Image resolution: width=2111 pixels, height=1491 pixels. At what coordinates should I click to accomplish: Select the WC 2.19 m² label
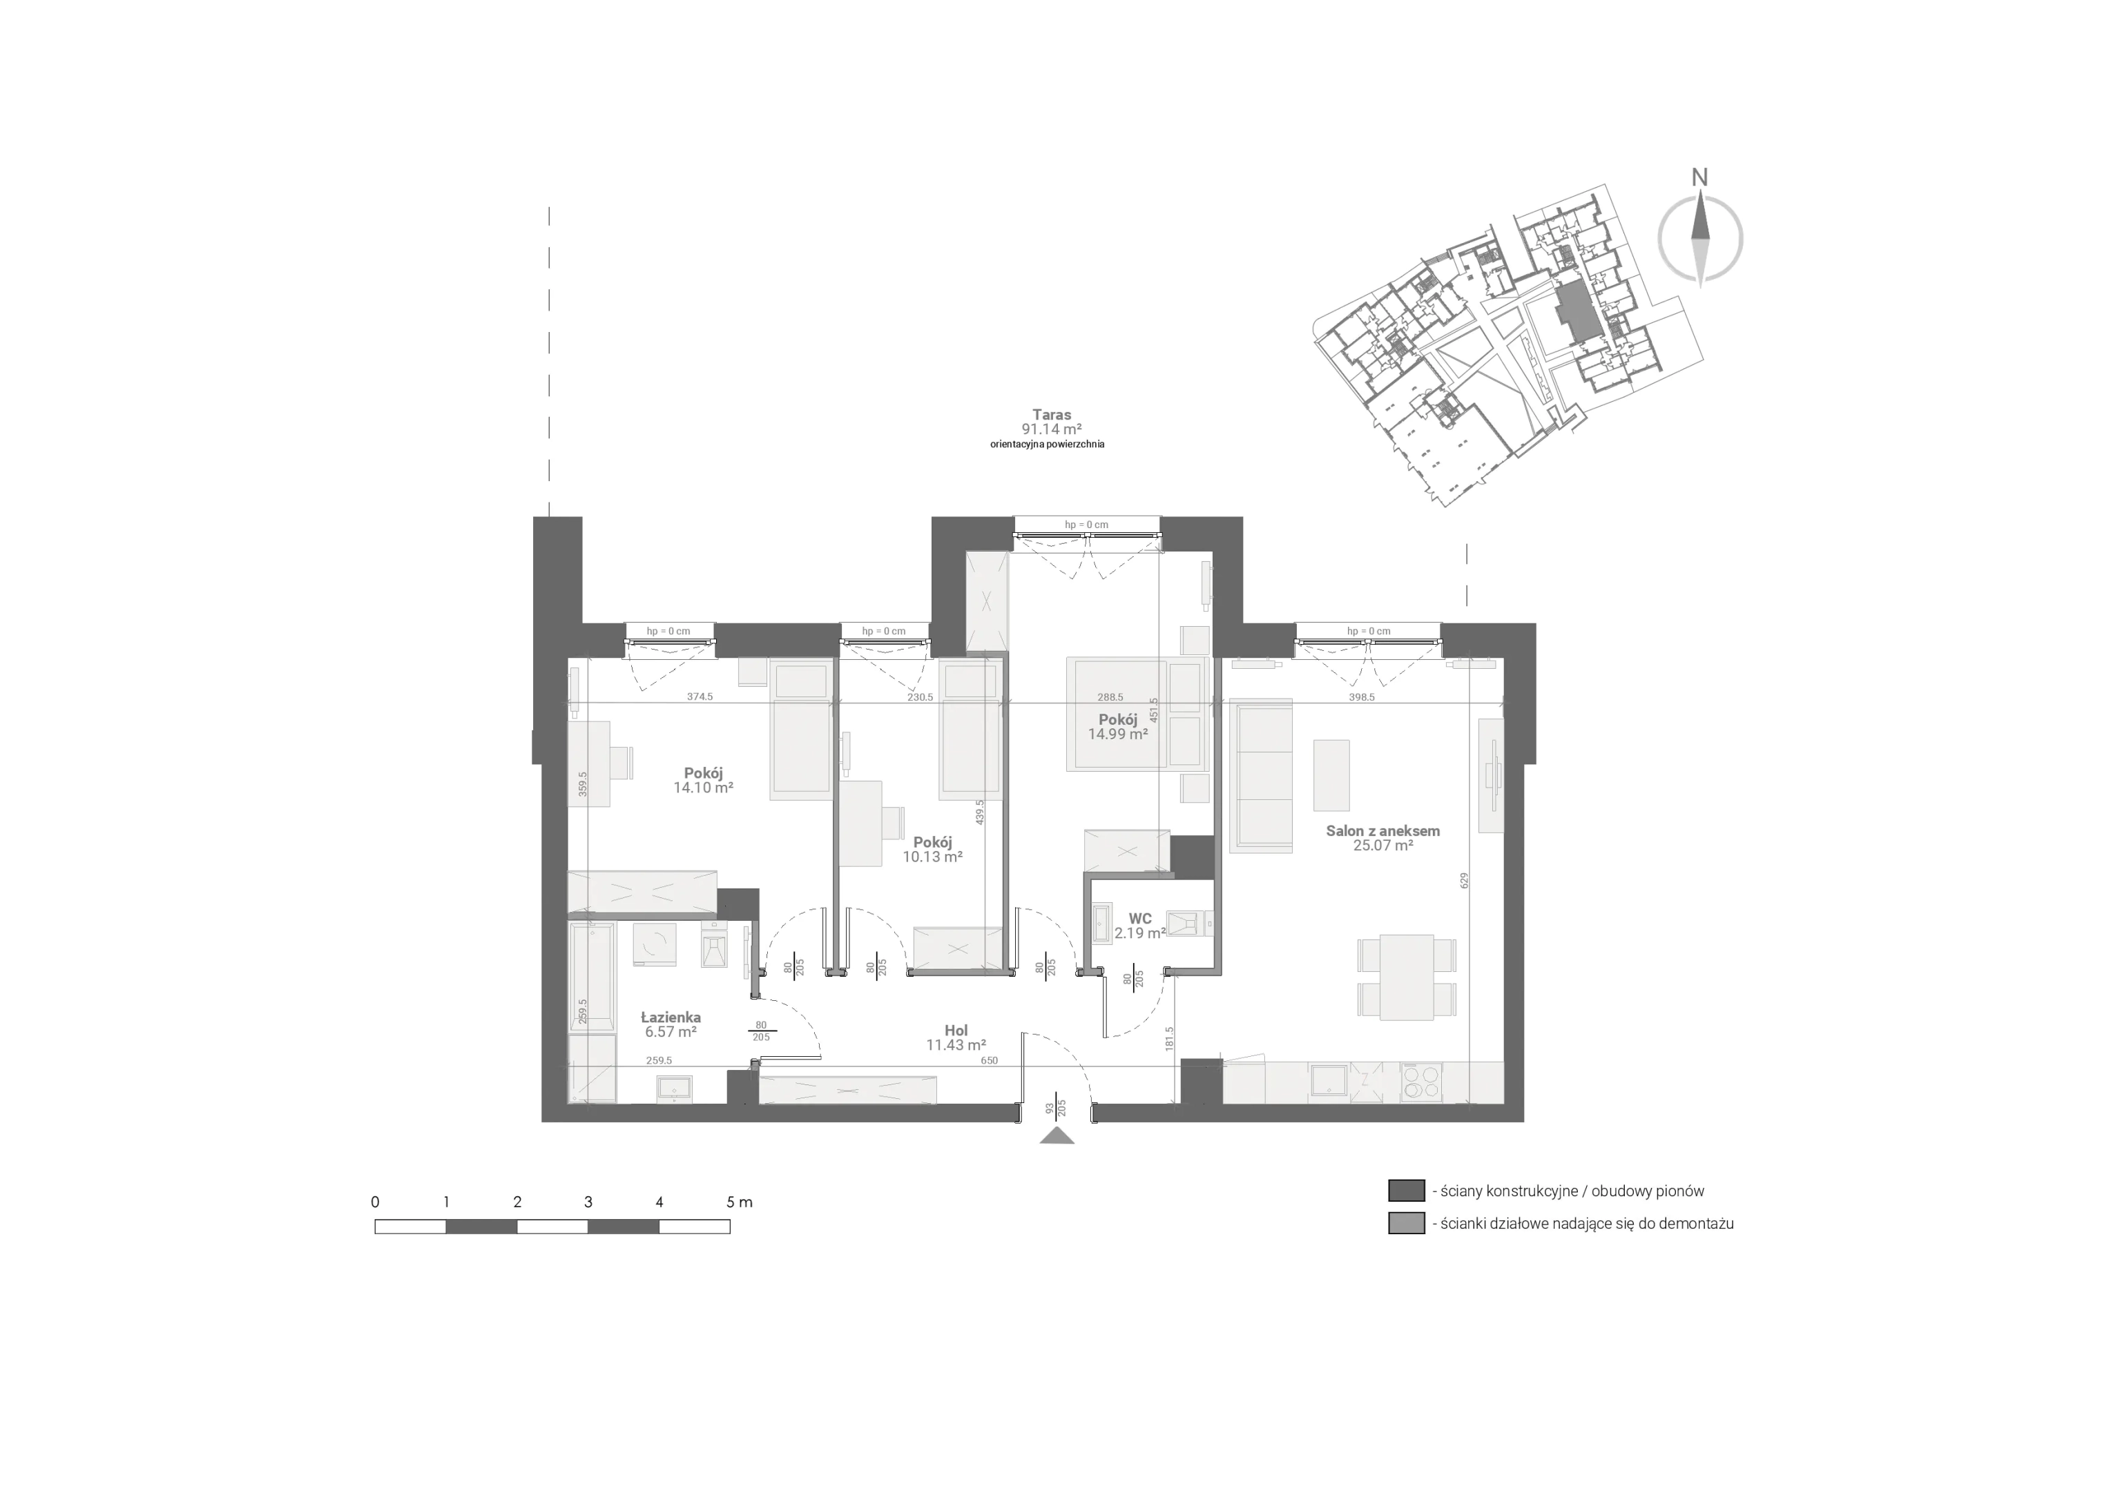1140,926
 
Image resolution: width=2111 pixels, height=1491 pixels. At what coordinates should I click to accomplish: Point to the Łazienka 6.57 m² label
671,1025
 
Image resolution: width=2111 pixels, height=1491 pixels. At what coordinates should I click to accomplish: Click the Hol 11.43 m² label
956,1037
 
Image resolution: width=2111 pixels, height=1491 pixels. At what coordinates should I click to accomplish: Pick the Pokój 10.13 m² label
932,849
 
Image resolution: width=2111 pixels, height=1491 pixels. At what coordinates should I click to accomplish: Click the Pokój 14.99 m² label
1118,727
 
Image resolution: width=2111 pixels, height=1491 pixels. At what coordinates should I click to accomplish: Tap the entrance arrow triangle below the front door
1057,1136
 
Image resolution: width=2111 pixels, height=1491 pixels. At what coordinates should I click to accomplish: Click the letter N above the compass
1700,177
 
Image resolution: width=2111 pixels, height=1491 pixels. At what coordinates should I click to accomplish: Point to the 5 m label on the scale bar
739,1202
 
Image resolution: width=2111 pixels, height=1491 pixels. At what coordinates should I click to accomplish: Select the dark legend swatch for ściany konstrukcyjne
1406,1191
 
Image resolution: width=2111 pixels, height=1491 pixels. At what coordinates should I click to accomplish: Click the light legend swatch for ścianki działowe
1406,1223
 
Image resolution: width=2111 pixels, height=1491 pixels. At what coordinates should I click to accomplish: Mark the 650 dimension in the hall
988,1061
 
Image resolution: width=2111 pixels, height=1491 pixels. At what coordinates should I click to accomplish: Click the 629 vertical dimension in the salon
1465,881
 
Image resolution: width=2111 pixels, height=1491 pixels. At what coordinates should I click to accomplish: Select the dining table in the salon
1407,977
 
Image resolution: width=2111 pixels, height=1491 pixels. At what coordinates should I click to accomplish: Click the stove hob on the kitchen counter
1421,1082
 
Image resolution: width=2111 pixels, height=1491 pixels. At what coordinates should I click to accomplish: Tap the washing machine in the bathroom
655,945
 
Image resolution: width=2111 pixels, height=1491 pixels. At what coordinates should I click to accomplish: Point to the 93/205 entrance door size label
1055,1109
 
